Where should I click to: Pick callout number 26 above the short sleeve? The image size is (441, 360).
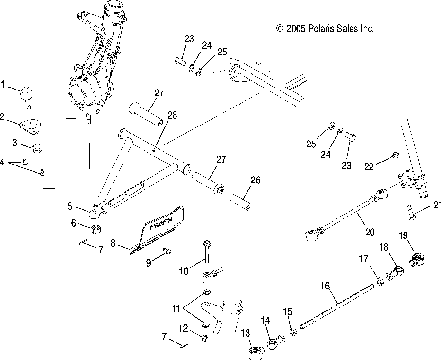point(255,180)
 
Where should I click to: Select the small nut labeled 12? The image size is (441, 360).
point(205,336)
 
